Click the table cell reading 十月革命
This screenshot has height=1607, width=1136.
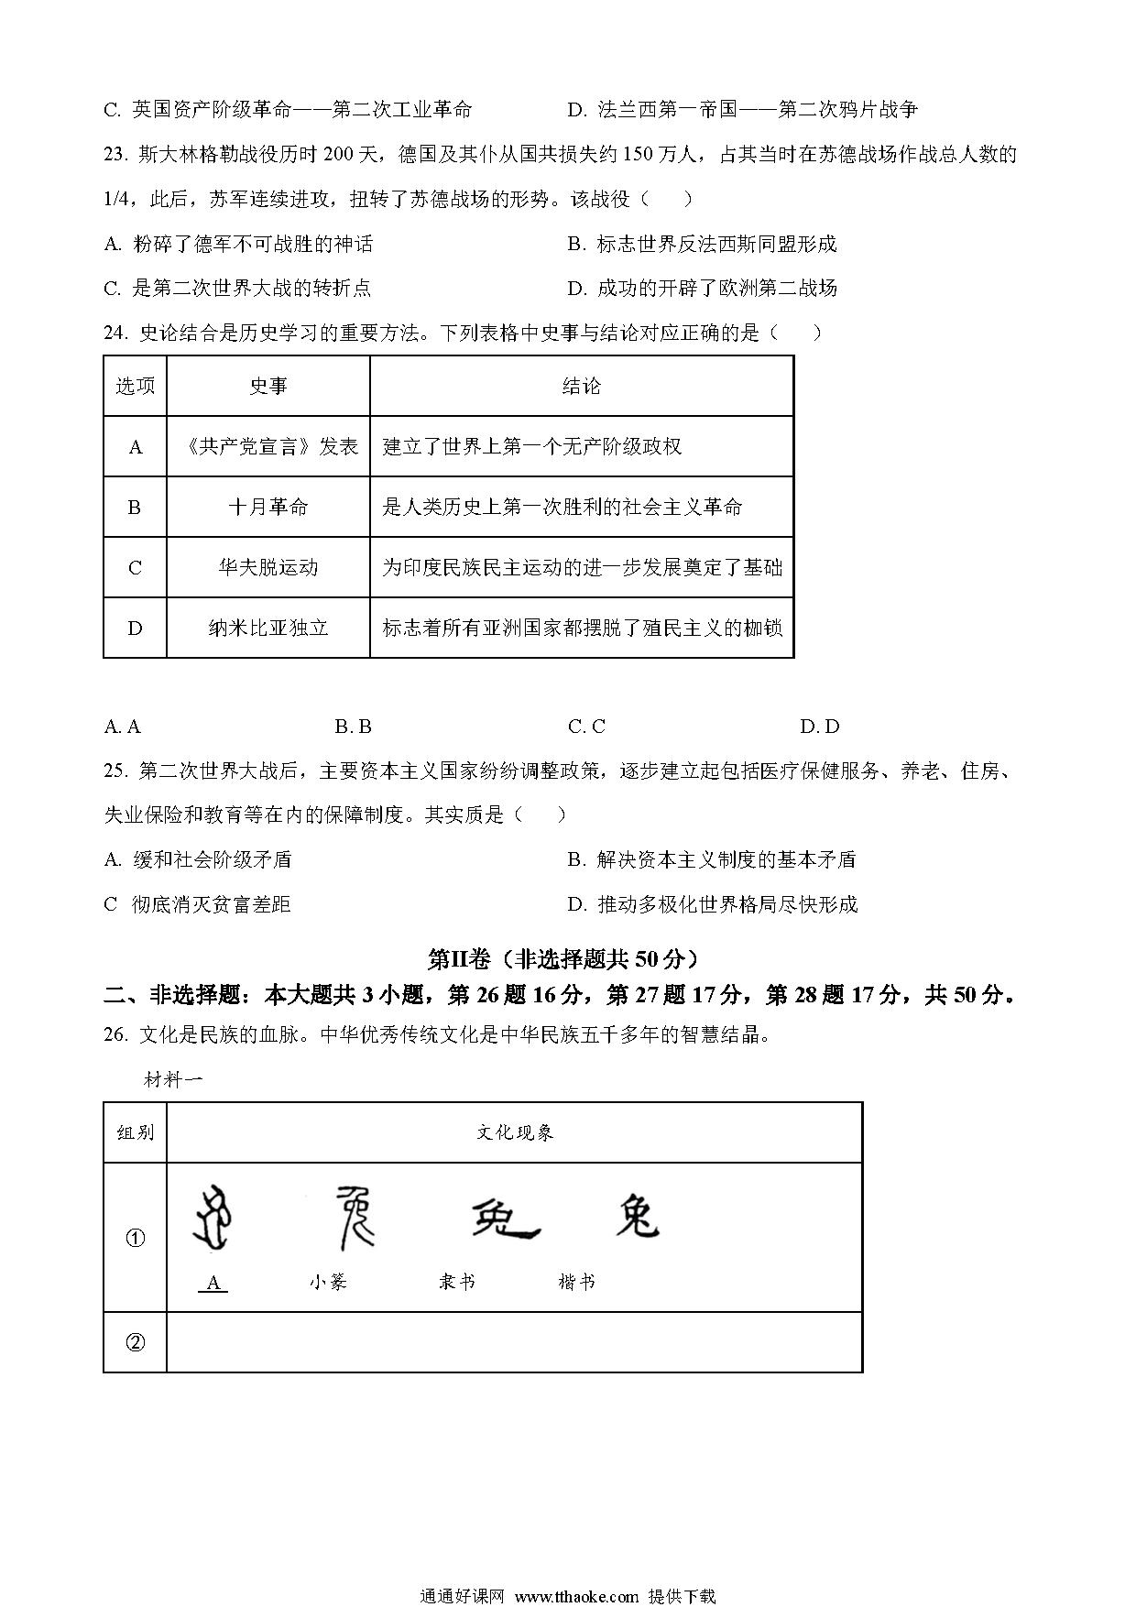tap(268, 507)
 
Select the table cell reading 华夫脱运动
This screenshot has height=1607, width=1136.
tap(268, 567)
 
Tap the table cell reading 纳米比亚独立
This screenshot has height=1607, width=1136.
tap(268, 628)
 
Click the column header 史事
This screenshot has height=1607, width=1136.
tap(268, 387)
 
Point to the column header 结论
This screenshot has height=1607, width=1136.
tap(581, 387)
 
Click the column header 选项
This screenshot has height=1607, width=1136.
tap(135, 387)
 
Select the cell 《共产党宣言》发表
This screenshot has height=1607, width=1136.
tap(268, 447)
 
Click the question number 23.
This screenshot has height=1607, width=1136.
tap(115, 154)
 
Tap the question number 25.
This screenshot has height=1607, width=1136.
tap(115, 771)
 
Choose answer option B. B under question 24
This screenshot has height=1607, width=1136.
tap(353, 727)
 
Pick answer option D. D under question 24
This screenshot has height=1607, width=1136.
tap(819, 727)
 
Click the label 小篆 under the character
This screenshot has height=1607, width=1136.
tap(328, 1282)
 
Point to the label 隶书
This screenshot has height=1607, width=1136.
tap(457, 1282)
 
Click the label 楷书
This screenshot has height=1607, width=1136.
tap(576, 1282)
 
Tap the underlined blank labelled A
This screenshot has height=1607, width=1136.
tap(213, 1283)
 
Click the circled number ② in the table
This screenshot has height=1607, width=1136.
tap(135, 1342)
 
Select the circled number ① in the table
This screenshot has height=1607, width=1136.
tap(135, 1238)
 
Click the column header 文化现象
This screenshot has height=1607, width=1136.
tap(514, 1132)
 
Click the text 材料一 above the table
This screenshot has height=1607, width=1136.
tap(173, 1079)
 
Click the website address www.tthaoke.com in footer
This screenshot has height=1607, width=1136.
tap(576, 1595)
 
